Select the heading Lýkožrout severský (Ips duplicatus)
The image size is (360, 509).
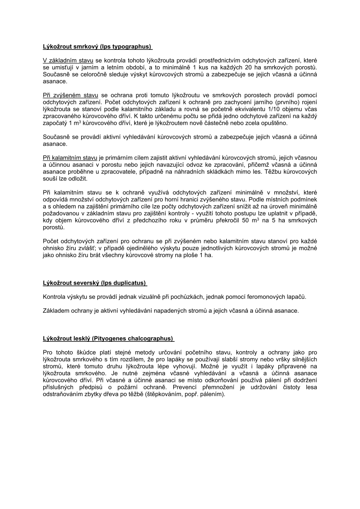tap(94, 283)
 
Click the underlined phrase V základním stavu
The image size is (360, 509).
tap(68, 60)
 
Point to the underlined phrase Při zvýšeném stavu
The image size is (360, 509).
tap(70, 95)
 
